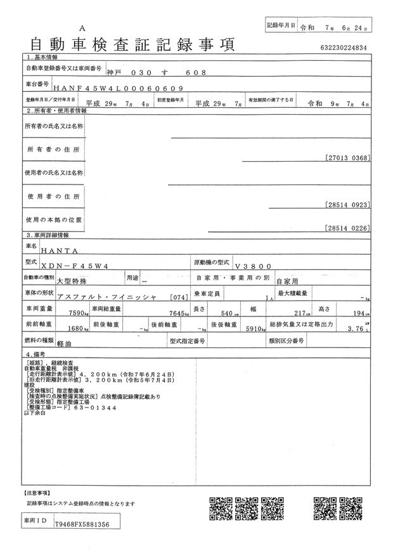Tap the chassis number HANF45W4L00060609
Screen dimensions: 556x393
tap(119, 88)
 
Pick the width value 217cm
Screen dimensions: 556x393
tap(298, 313)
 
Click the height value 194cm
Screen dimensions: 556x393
tap(361, 313)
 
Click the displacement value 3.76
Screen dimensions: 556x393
tap(356, 329)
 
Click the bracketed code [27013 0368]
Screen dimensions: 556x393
tap(346, 157)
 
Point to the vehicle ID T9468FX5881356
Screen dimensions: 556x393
tap(82, 525)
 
